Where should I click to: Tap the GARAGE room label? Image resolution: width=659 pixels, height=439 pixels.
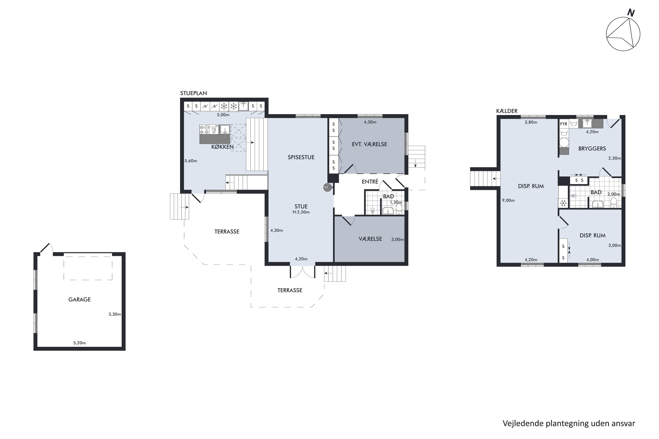(80, 300)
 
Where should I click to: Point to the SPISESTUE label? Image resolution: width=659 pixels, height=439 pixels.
(301, 157)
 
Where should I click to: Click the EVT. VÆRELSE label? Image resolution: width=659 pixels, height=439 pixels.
(369, 144)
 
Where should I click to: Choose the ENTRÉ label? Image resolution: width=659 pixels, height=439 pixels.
(370, 182)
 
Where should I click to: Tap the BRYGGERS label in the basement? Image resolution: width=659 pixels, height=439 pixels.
(592, 149)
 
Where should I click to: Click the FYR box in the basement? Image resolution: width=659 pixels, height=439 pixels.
(564, 124)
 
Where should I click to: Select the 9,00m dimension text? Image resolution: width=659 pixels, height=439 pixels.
(508, 200)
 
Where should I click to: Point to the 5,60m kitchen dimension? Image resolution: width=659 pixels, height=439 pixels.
(191, 161)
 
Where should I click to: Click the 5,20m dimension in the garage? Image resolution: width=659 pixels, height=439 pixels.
(80, 343)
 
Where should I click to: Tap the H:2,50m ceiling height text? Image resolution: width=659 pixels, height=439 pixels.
(301, 212)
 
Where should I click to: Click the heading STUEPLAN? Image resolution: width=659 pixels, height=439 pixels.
(194, 93)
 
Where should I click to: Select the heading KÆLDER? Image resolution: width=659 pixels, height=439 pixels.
(507, 111)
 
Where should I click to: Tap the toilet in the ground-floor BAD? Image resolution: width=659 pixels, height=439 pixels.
(399, 209)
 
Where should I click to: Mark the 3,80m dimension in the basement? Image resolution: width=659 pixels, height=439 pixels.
(531, 122)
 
